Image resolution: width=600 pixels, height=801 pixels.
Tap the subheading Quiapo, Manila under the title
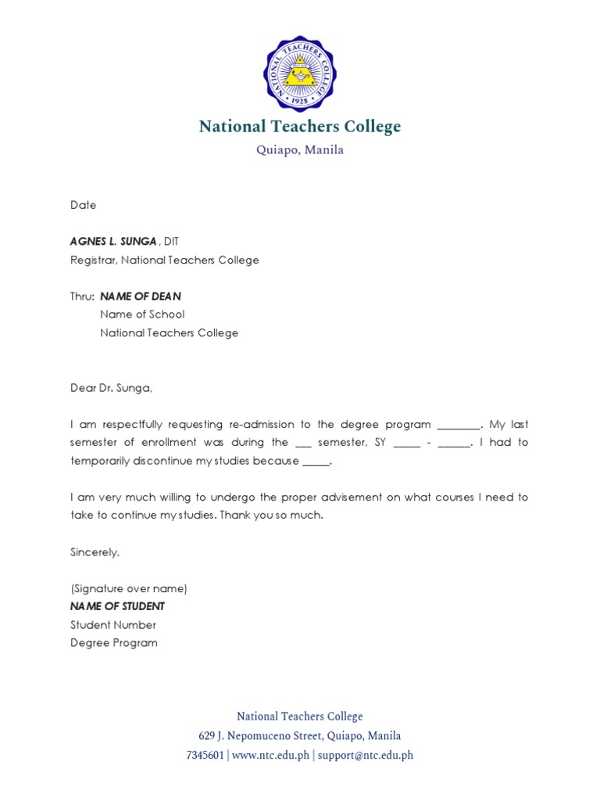(x=300, y=150)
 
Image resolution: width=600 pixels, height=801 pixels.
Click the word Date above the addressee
(x=84, y=205)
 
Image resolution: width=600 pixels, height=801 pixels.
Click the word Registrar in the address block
(x=93, y=260)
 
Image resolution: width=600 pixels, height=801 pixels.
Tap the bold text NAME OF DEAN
(x=141, y=296)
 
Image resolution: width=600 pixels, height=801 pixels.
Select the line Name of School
(x=142, y=314)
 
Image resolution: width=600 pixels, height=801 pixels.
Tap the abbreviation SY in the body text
(x=382, y=443)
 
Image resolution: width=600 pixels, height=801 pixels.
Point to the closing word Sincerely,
(x=95, y=552)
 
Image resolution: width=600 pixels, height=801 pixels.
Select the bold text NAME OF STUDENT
(x=117, y=607)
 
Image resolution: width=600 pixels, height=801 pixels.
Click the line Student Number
(x=113, y=625)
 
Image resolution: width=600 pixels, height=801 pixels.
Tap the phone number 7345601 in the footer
(x=205, y=756)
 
